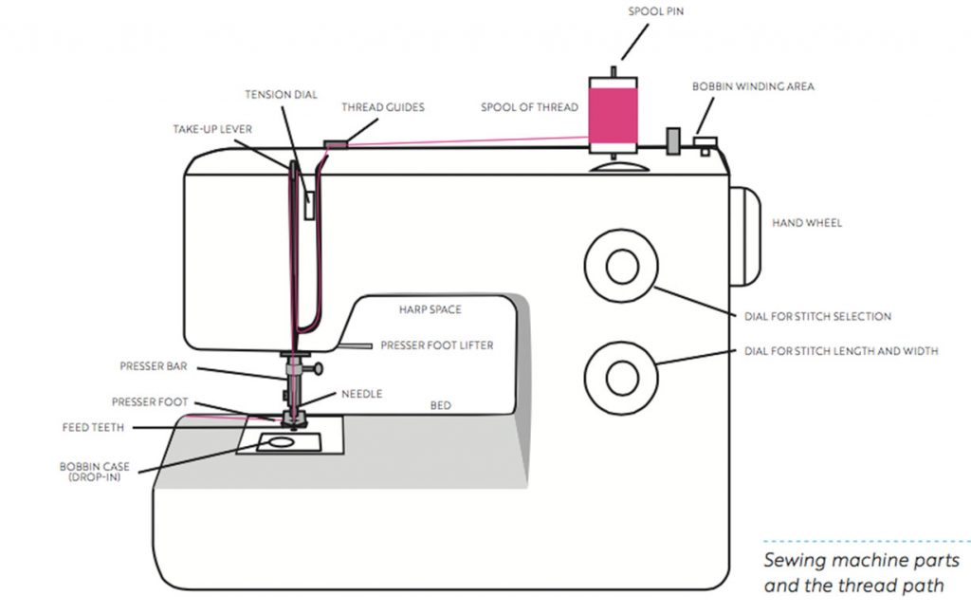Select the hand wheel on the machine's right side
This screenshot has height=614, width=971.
point(746,236)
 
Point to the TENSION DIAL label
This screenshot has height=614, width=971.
point(282,95)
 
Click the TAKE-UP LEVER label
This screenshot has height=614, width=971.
point(212,128)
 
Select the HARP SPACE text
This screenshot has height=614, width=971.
point(431,309)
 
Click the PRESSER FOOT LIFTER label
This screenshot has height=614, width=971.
point(436,345)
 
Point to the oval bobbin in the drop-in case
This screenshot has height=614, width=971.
point(279,442)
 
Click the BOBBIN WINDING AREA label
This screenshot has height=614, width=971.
point(752,86)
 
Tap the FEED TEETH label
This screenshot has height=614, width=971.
point(93,428)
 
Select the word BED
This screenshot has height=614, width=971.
point(440,405)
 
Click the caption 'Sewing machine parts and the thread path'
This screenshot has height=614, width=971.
point(861,572)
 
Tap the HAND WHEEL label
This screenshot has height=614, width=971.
point(807,223)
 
